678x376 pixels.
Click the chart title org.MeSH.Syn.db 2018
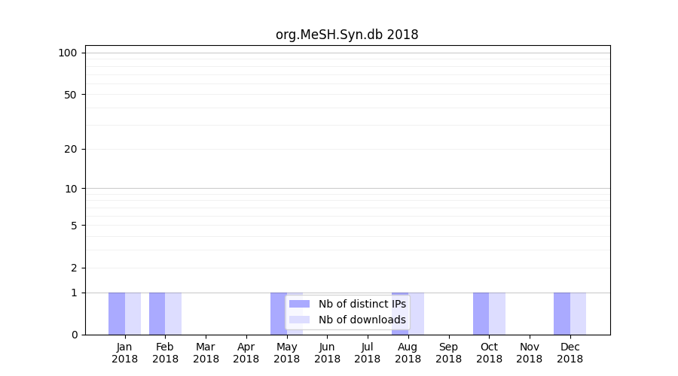click(347, 35)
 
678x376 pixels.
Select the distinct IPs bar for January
click(117, 314)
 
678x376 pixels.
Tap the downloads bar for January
click(133, 314)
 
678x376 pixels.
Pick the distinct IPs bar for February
click(157, 314)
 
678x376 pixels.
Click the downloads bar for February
click(173, 314)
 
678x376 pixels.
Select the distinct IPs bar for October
click(481, 314)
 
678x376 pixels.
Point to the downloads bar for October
click(497, 314)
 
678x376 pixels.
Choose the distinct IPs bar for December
click(562, 314)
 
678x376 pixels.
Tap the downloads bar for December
click(578, 314)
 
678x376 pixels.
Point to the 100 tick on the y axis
click(68, 53)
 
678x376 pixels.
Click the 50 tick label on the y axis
click(71, 95)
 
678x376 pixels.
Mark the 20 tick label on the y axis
click(71, 149)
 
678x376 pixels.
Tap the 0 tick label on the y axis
click(74, 335)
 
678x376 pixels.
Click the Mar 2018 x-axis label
click(206, 353)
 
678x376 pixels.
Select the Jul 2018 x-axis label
click(368, 353)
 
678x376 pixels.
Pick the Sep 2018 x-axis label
click(448, 353)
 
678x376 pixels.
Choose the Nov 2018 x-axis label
click(530, 353)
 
